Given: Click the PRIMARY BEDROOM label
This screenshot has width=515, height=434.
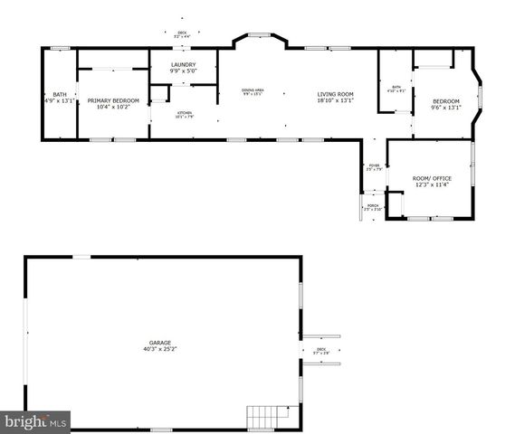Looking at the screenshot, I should (113, 100).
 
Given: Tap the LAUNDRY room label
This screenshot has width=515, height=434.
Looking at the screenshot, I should (182, 63).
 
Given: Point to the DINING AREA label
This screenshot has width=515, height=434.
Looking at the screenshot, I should (253, 90).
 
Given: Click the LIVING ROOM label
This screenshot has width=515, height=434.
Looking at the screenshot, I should (334, 94).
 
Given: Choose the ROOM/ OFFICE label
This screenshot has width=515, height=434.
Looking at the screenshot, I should (432, 178).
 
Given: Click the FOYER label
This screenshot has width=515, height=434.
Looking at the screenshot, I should (373, 165).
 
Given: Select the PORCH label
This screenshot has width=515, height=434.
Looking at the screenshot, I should (373, 205).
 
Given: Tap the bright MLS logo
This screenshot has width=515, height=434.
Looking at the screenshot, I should (35, 421).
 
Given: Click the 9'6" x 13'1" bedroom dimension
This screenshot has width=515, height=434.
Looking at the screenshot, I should (446, 107).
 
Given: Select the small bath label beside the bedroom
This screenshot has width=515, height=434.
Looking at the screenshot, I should (396, 87).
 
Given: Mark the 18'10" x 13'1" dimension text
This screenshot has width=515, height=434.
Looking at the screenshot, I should (334, 100).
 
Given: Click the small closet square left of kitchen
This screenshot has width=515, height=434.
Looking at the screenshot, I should (159, 93).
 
